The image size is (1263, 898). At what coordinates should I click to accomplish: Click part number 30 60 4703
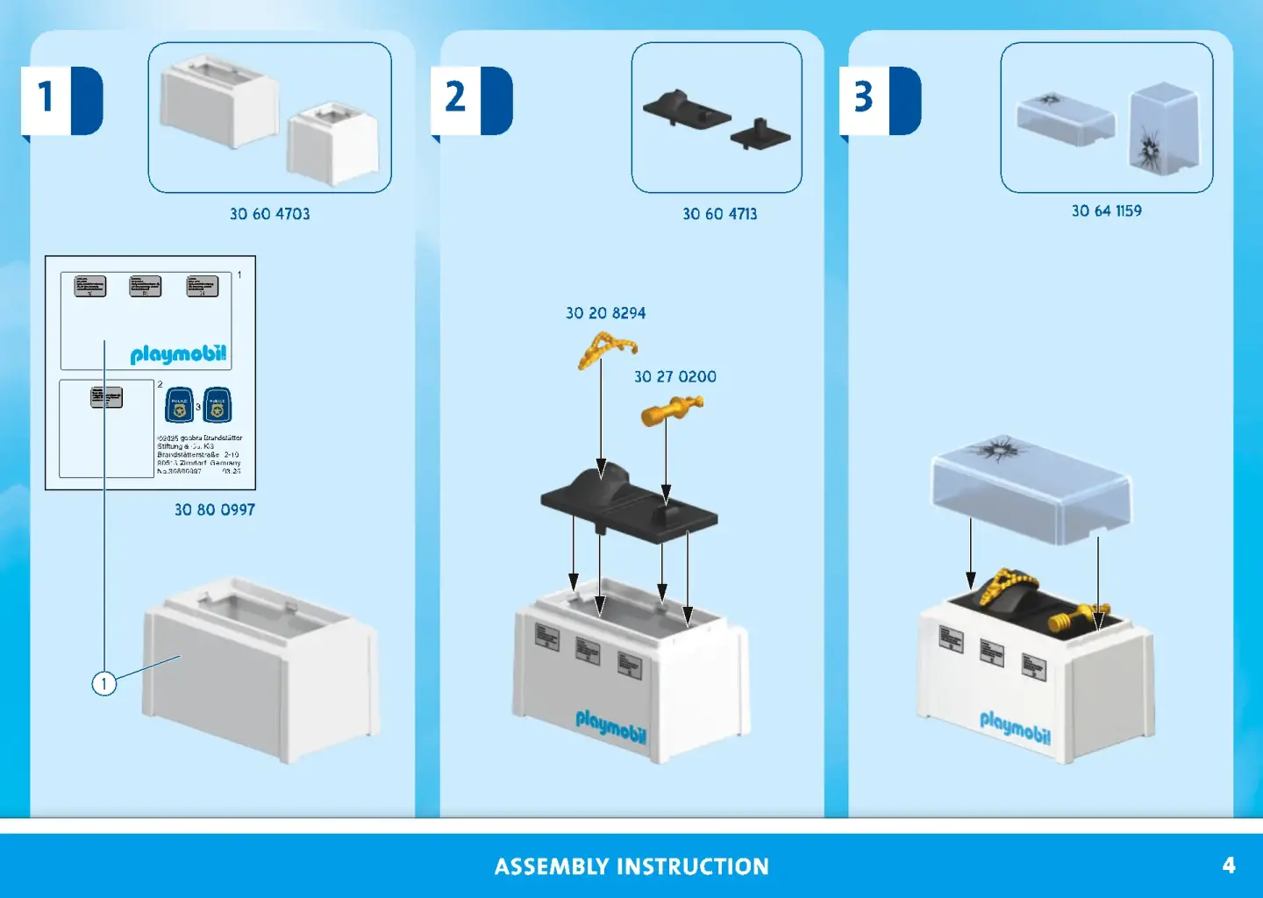[269, 214]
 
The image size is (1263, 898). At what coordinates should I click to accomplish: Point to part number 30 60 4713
[719, 214]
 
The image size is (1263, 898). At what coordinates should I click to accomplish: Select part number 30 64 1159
[1106, 210]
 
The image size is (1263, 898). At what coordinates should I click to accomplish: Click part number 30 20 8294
[605, 313]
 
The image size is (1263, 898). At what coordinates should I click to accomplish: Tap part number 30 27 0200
[674, 377]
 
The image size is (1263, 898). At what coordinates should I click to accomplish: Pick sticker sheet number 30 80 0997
[214, 510]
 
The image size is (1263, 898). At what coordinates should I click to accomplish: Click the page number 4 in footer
[1229, 866]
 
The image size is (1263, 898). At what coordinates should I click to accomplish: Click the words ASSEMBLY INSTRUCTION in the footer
[631, 866]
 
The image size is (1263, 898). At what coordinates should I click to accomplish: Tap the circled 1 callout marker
[104, 683]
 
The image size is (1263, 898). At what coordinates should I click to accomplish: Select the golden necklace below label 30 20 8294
[604, 348]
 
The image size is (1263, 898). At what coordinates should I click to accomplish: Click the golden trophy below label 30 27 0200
[671, 410]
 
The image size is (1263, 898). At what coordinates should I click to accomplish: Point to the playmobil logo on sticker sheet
[178, 354]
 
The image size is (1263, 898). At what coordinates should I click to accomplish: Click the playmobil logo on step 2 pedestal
[610, 727]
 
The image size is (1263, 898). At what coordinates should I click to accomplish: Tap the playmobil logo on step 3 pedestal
[1015, 727]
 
